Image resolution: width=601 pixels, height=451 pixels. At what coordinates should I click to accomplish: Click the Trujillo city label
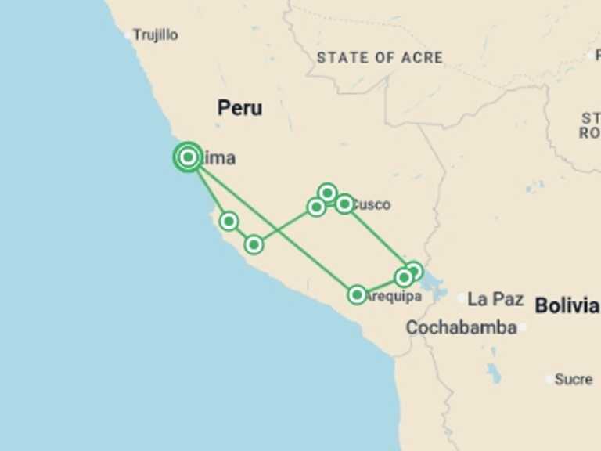point(155,35)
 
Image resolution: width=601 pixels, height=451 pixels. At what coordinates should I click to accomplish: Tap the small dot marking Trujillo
point(128,34)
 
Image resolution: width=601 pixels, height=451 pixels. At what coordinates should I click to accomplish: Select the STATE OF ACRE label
point(380,57)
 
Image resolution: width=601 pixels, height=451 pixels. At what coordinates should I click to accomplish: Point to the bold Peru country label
point(239,108)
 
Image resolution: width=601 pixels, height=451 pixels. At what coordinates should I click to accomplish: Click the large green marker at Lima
point(188,157)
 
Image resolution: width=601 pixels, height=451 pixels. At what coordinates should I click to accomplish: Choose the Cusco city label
point(371,205)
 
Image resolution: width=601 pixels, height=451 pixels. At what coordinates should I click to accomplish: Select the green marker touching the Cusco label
point(344,204)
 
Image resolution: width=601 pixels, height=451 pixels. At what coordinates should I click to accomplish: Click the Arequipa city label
point(394,297)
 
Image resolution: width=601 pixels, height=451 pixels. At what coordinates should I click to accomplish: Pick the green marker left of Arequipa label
point(357,295)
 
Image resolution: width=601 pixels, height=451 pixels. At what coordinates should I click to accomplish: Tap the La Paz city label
point(495,299)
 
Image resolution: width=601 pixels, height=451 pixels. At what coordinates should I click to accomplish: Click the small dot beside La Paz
point(462,298)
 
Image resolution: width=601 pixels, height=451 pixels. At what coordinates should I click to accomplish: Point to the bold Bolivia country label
point(567,305)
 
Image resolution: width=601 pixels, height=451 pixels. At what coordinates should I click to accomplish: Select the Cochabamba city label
point(461,327)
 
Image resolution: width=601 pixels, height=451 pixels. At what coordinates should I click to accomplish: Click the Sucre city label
point(574,379)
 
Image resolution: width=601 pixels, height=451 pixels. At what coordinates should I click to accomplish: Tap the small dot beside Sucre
point(549,379)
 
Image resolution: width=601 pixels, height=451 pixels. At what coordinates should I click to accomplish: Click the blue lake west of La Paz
point(433,287)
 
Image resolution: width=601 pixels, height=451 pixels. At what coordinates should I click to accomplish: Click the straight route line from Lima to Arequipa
point(274,228)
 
